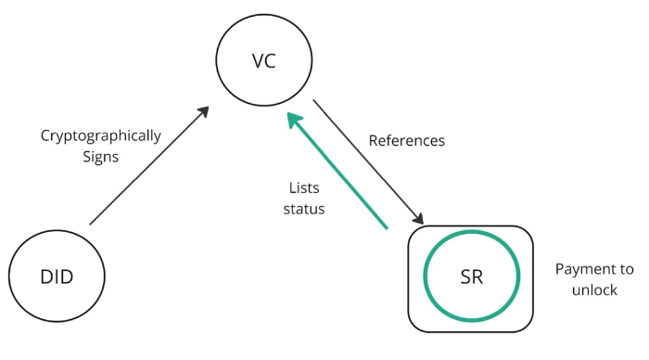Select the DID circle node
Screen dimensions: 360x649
(57, 277)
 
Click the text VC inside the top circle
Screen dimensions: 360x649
(263, 61)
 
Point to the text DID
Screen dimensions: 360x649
(57, 277)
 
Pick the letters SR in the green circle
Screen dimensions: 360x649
(472, 278)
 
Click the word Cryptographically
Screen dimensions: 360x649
(100, 135)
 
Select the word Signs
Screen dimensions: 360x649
(100, 157)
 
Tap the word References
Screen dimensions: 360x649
(407, 141)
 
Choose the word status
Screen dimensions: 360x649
(304, 209)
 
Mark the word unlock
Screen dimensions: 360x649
(595, 290)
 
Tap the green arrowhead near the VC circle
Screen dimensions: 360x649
(292, 120)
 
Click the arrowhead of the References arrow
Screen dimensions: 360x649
(418, 218)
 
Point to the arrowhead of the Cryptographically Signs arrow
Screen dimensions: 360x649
(203, 112)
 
